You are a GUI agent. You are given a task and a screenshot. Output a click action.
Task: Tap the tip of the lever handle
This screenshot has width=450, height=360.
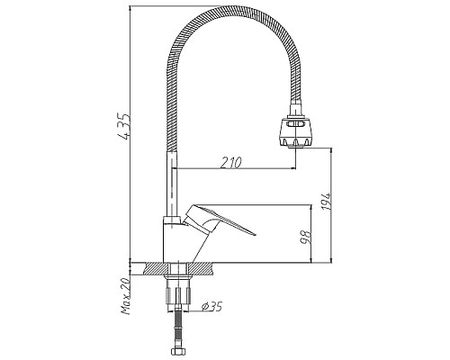pos(254,237)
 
